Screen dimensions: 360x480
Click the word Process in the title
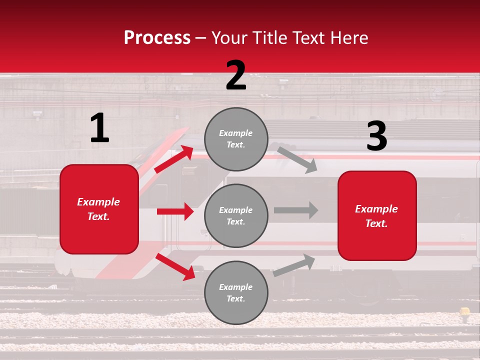pyautogui.click(x=157, y=38)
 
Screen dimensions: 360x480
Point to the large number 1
pyautogui.click(x=99, y=128)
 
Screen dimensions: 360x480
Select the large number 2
pyautogui.click(x=236, y=75)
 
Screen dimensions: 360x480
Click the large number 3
pyautogui.click(x=376, y=136)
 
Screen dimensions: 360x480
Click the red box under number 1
pyautogui.click(x=99, y=209)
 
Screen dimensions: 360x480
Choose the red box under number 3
pyautogui.click(x=377, y=216)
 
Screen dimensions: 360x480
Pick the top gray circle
pyautogui.click(x=236, y=139)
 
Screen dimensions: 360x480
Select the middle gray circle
pyautogui.click(x=236, y=216)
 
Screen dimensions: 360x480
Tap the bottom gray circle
pyautogui.click(x=236, y=293)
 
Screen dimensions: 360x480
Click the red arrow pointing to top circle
pyautogui.click(x=174, y=159)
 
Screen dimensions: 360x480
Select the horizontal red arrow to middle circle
pyautogui.click(x=175, y=211)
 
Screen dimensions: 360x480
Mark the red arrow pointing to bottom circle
pyautogui.click(x=175, y=266)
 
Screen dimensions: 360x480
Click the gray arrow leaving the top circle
pyautogui.click(x=297, y=159)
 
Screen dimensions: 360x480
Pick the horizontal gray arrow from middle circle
pyautogui.click(x=295, y=210)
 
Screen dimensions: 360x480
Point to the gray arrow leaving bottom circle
pyautogui.click(x=294, y=265)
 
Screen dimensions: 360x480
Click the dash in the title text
pyautogui.click(x=201, y=38)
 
